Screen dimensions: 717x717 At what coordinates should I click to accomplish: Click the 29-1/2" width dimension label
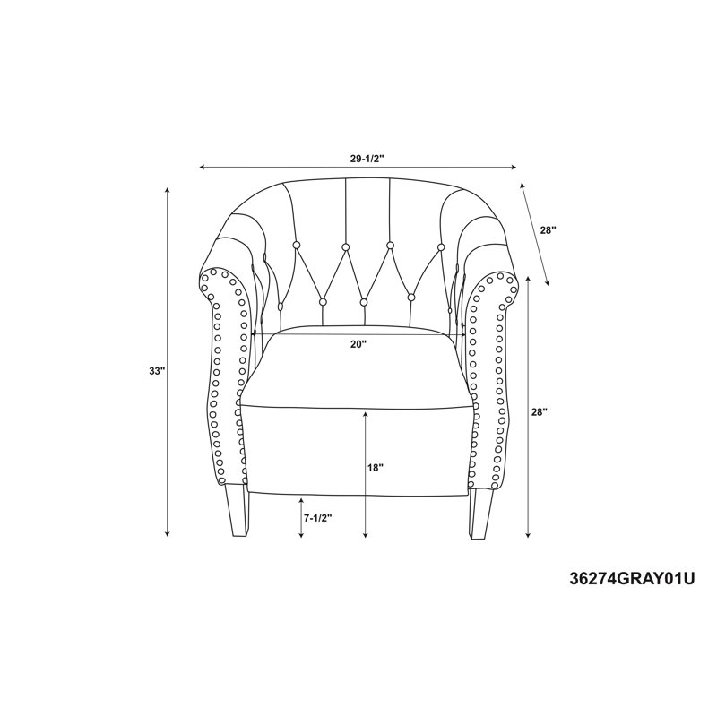click(x=367, y=159)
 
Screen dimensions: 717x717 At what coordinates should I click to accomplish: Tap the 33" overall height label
click(x=156, y=371)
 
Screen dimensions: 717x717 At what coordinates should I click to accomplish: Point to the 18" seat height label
click(x=376, y=468)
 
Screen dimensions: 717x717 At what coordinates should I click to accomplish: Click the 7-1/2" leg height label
click(x=317, y=518)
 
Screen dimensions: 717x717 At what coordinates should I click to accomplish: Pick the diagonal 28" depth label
click(x=548, y=230)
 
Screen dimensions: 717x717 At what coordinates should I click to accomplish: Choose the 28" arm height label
click(x=540, y=412)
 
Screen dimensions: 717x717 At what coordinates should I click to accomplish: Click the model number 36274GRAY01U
click(x=632, y=579)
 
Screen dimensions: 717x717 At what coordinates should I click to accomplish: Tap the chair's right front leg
click(x=481, y=512)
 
